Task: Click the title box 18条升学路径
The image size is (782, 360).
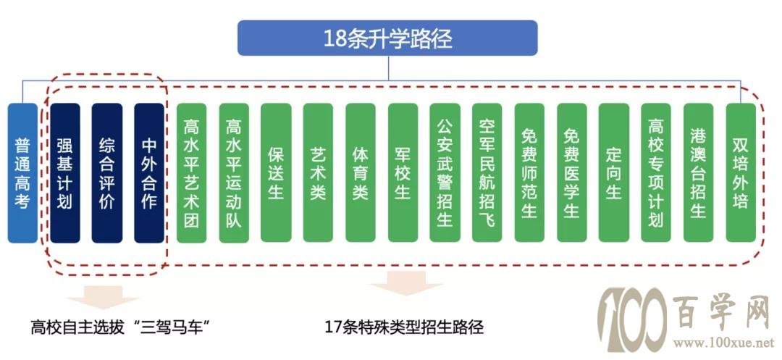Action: click(x=387, y=38)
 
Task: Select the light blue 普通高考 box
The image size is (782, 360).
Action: click(x=22, y=173)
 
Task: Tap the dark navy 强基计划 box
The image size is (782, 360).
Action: click(x=65, y=173)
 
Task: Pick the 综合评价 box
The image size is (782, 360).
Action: click(x=107, y=173)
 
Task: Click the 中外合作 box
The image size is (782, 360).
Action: click(x=149, y=173)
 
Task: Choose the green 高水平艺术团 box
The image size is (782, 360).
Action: click(x=191, y=173)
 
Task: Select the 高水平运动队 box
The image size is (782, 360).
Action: click(x=234, y=173)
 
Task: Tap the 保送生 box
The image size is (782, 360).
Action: click(x=276, y=173)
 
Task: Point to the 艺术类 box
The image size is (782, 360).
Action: click(x=318, y=173)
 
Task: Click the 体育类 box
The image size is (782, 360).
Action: click(x=361, y=173)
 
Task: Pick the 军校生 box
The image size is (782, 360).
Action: click(x=403, y=173)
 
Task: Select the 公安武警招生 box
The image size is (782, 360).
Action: click(x=445, y=173)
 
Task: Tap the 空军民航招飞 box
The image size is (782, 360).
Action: click(x=487, y=173)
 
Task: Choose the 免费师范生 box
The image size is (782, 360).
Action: click(x=529, y=173)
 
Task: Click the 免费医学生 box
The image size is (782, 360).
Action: click(x=571, y=173)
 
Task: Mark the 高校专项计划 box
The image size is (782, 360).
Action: click(x=656, y=173)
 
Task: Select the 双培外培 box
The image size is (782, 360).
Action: click(x=741, y=173)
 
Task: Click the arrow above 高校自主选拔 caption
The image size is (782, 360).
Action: click(x=103, y=297)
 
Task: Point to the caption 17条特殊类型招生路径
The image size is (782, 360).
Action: click(x=404, y=327)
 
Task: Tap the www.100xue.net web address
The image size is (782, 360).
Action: click(x=723, y=343)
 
